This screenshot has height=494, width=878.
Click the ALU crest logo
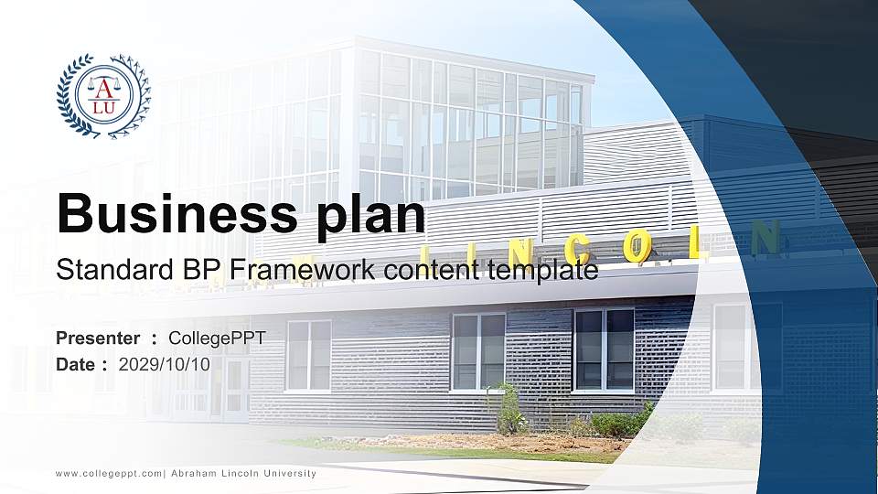coord(102,96)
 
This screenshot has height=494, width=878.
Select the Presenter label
coord(98,338)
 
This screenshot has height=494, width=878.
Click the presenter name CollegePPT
coord(218,338)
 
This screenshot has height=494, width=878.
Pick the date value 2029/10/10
coord(165,364)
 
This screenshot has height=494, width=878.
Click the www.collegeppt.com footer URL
coord(109,473)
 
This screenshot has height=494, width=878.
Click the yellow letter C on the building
coord(579,246)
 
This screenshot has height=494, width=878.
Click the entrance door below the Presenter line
coord(236,389)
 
